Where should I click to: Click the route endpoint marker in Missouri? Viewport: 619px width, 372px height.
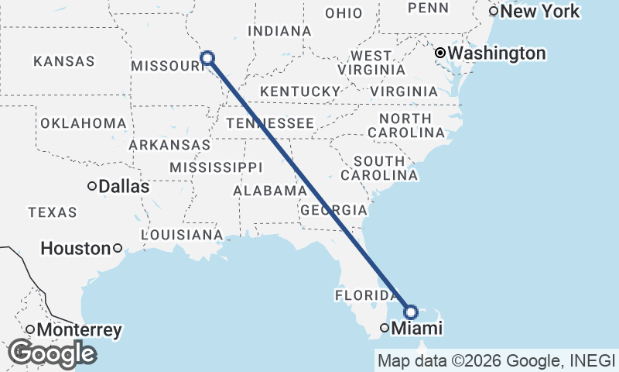(207, 57)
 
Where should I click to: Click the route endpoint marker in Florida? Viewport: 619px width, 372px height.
(411, 312)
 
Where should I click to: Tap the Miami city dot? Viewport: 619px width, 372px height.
(385, 329)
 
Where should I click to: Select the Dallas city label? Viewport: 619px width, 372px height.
(125, 187)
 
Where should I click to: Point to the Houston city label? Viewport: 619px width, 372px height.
(75, 249)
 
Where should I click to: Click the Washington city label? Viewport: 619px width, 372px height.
(497, 53)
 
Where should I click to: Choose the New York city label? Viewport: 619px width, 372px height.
(540, 12)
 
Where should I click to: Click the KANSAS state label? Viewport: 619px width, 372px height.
(64, 61)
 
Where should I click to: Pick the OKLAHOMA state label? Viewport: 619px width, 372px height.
(83, 124)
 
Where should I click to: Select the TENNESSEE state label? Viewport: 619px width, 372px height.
(269, 123)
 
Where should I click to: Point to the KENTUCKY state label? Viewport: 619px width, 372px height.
(300, 91)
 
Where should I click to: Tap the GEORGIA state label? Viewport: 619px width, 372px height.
(333, 210)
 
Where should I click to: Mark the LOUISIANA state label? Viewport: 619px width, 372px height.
(182, 235)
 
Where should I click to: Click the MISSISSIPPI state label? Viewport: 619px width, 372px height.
(216, 167)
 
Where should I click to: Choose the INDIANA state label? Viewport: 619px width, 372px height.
(279, 31)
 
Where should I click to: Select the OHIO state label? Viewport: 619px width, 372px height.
(344, 13)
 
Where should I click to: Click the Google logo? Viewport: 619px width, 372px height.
(52, 353)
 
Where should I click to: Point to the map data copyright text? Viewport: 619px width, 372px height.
(495, 360)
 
